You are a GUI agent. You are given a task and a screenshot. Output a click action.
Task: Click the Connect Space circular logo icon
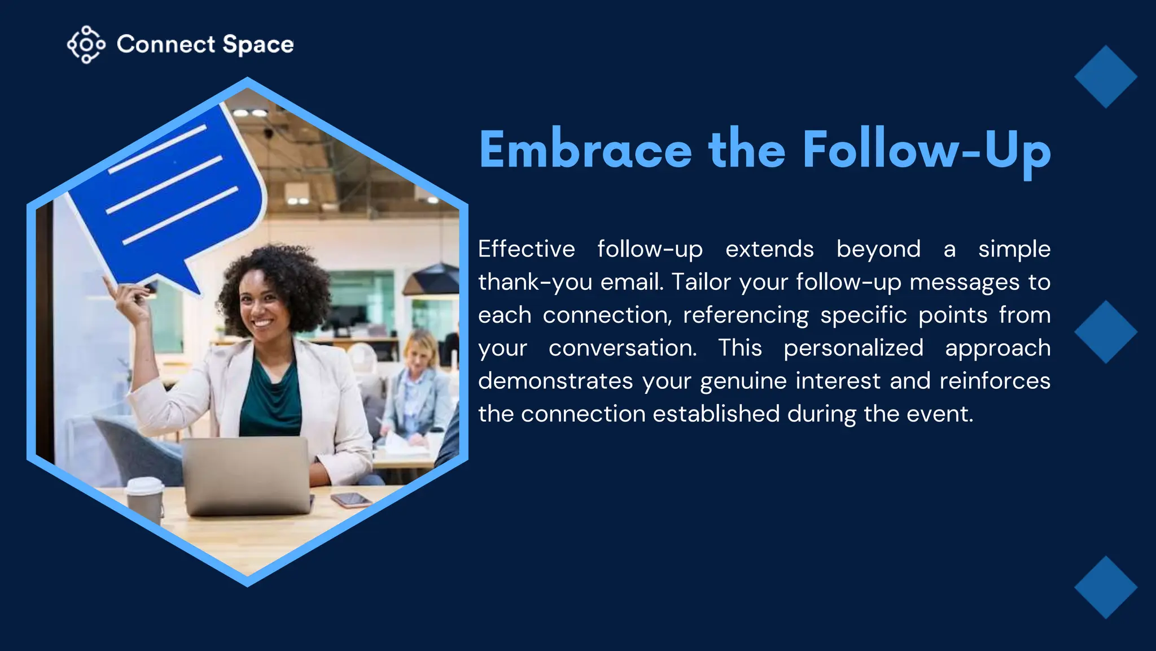(86, 45)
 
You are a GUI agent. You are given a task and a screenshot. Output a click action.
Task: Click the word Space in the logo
(258, 45)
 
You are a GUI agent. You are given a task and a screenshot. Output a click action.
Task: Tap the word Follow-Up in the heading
(926, 150)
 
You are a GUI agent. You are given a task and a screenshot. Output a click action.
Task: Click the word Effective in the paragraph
(526, 249)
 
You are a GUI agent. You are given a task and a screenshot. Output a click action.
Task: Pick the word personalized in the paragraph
(853, 348)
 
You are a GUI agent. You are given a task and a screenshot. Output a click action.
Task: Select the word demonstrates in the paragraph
(555, 381)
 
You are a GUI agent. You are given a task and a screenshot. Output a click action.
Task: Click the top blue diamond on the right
(1105, 77)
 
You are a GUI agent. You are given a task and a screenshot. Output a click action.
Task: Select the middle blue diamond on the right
(1105, 332)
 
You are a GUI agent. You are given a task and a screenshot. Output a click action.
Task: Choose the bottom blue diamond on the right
(1105, 587)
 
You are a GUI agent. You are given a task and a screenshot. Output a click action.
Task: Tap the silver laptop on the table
(247, 475)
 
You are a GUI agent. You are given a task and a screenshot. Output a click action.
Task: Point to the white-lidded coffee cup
(145, 497)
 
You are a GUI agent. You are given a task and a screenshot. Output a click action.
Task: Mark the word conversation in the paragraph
(622, 348)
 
